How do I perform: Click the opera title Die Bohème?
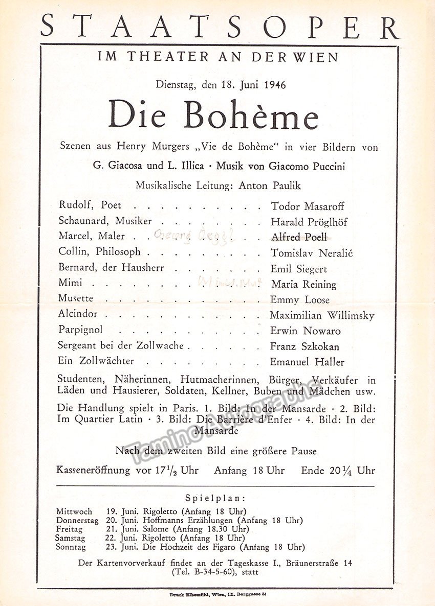tap(213, 115)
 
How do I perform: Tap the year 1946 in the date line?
tap(275, 84)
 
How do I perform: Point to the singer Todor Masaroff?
tap(307, 206)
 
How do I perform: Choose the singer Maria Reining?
tap(303, 284)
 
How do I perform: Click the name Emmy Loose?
tap(300, 299)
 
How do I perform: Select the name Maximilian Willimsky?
tap(322, 315)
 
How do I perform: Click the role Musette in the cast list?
tap(76, 299)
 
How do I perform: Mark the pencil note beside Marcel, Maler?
tap(194, 236)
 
